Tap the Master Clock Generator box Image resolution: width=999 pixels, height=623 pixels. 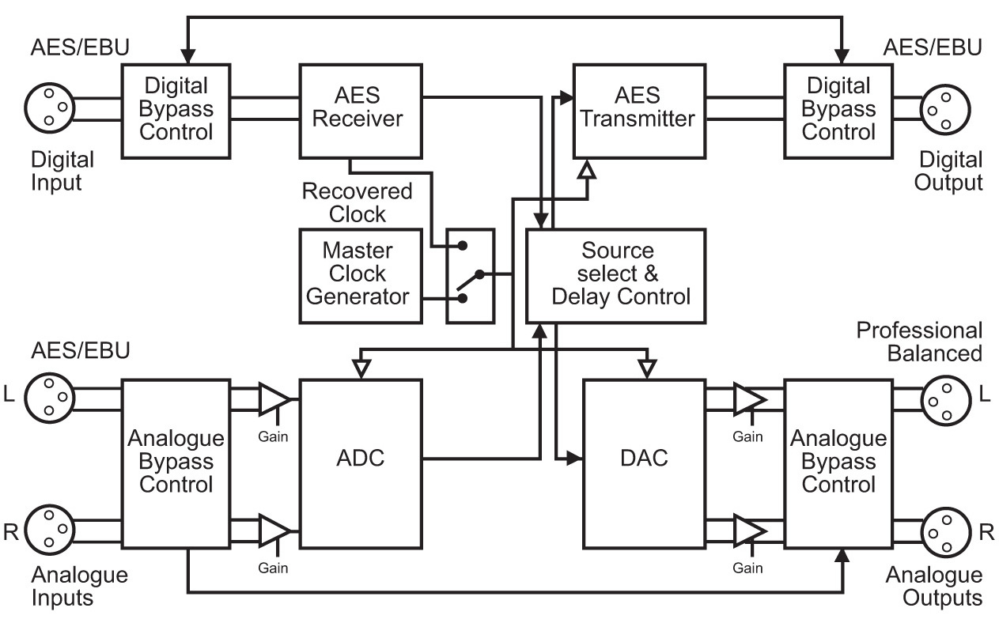click(359, 275)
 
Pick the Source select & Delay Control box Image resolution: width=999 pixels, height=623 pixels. click(615, 275)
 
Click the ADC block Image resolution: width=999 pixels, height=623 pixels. click(361, 459)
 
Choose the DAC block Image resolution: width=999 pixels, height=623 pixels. click(643, 459)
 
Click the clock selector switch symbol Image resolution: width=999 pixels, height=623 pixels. click(471, 275)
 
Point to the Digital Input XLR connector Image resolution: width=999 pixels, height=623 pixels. click(49, 108)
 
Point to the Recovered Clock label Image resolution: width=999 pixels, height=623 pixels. click(358, 202)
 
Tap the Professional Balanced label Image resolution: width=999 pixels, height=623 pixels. click(919, 341)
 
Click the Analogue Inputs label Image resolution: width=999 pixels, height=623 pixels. click(79, 586)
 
